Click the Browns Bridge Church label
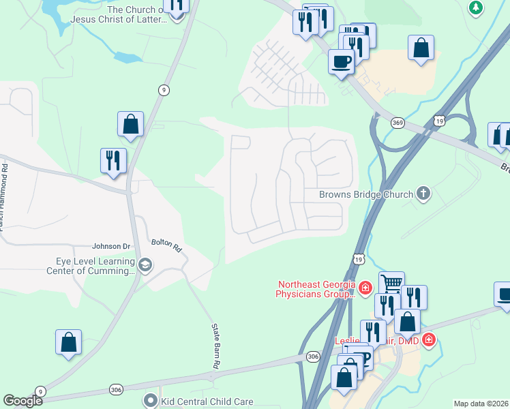(366, 194)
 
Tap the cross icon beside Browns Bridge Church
(423, 194)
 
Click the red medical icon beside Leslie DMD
(428, 339)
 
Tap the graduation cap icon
(145, 264)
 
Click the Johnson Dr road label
(110, 246)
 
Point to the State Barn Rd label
(214, 355)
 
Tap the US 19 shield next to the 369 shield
(440, 121)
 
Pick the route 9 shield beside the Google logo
(40, 391)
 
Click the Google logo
(22, 401)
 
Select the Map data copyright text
(481, 404)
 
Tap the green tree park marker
(476, 7)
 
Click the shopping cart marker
(391, 283)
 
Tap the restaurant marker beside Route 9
(113, 161)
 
